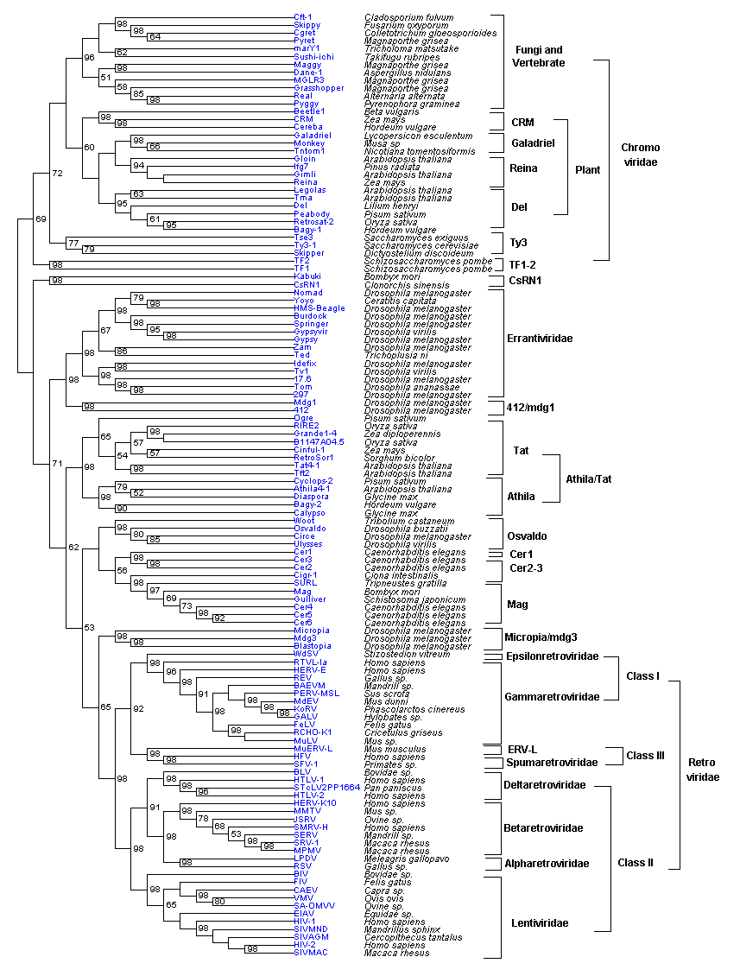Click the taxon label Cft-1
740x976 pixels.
302,17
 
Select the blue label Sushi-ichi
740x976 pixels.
311,56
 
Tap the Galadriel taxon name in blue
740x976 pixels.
311,136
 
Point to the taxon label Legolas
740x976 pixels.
309,190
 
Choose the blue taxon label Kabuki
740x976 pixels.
307,276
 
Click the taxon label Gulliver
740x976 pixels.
310,599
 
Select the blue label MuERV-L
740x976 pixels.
313,748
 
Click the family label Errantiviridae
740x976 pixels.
540,339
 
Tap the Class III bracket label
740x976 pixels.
645,755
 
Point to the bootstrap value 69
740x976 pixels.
40,219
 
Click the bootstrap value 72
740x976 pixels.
57,174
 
